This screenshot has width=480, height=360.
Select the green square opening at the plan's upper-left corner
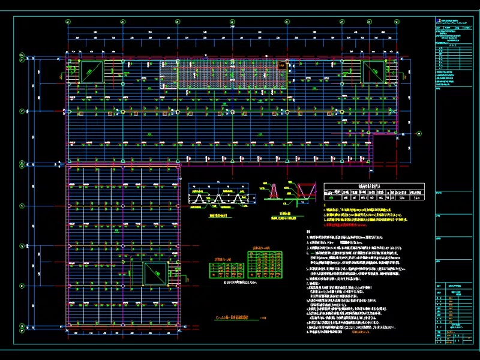click(91, 71)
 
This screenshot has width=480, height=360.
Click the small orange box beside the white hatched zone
click(281, 65)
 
